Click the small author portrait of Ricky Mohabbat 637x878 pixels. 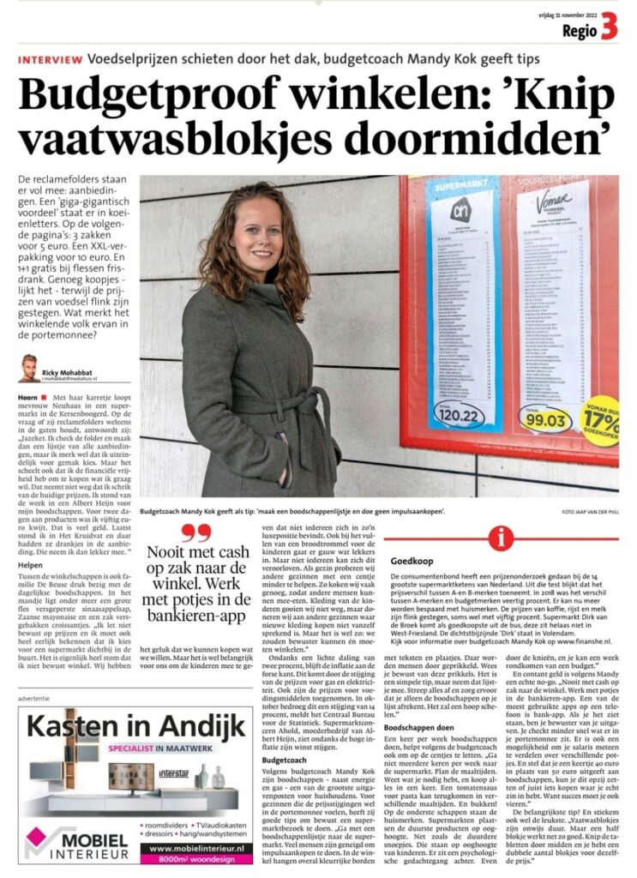(x=29, y=368)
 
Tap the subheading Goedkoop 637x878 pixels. (x=411, y=562)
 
